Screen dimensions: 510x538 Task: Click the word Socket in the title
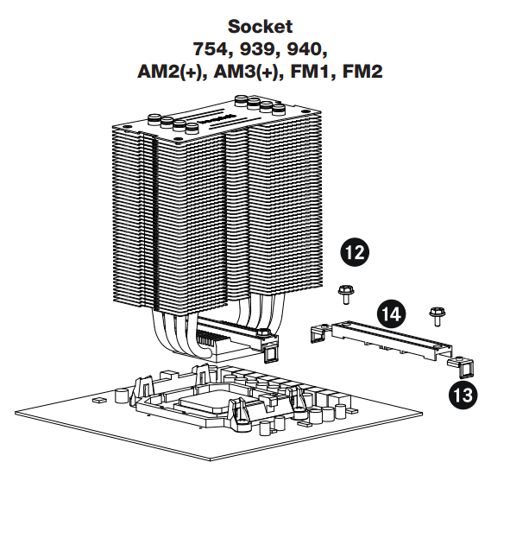[x=260, y=27]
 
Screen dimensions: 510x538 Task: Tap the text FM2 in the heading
[x=362, y=72]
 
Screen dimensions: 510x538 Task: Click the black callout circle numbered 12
[x=355, y=252]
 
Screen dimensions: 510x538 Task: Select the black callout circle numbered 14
[x=391, y=313]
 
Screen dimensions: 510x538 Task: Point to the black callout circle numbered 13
[x=463, y=395]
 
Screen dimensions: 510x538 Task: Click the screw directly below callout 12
[x=346, y=294]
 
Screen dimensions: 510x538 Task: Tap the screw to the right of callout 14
[x=438, y=316]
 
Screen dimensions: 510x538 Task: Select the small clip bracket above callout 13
[x=462, y=367]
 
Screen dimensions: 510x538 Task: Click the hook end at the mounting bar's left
[x=319, y=334]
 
